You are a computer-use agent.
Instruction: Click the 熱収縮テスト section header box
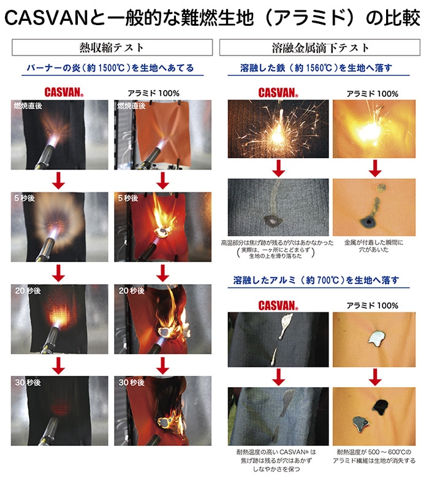tap(112, 48)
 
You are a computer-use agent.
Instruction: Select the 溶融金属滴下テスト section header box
tap(319, 48)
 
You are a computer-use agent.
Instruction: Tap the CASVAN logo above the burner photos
tap(64, 92)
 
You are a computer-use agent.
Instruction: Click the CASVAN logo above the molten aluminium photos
tap(278, 306)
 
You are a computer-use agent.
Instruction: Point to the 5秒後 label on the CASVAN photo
tap(25, 198)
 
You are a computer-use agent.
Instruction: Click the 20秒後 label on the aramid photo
tap(131, 290)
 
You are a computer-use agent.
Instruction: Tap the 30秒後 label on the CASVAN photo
tap(28, 382)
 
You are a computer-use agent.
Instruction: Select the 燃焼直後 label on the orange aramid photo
tap(131, 106)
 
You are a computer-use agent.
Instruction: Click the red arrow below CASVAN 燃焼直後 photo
tap(58, 181)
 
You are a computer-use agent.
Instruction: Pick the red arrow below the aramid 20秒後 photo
tap(162, 365)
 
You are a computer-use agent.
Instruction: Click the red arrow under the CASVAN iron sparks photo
tap(278, 168)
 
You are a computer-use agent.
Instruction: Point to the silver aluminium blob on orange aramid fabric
tap(377, 338)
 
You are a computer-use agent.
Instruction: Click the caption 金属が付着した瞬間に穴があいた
tap(374, 246)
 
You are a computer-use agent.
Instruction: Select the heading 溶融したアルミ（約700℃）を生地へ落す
tap(316, 281)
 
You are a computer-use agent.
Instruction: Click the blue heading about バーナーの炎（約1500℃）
tap(110, 68)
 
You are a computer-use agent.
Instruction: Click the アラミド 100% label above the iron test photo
tap(372, 94)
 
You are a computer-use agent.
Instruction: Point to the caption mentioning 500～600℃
tap(374, 456)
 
